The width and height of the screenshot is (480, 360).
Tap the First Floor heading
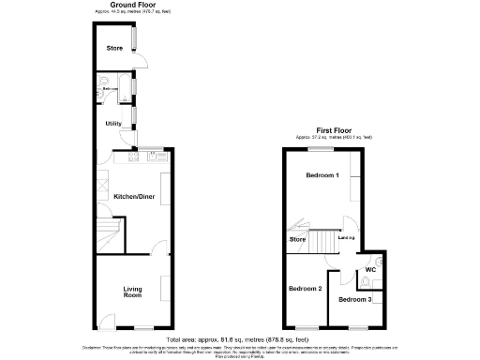(334, 131)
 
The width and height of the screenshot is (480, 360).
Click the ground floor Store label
(114, 47)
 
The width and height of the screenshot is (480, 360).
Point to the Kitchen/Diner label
(133, 197)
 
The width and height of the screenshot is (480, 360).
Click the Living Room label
(132, 292)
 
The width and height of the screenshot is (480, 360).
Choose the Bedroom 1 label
(322, 176)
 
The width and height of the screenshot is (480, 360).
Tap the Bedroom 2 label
(305, 288)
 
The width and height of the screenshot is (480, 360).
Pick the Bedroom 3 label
(355, 299)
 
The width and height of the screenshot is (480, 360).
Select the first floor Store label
(297, 240)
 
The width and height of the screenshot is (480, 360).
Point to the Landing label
(346, 238)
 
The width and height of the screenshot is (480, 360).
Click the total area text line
(239, 338)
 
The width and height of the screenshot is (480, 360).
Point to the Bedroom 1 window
(322, 150)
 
